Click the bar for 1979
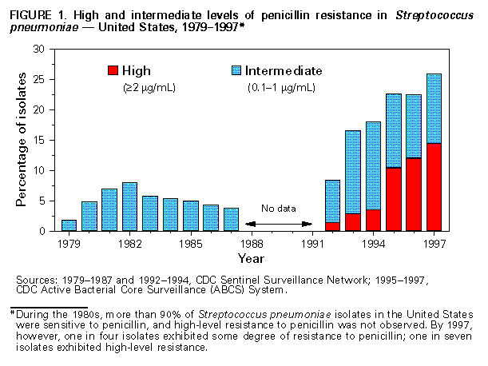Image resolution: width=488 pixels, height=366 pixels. pos(69,225)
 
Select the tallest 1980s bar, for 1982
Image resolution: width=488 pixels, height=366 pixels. pos(130,207)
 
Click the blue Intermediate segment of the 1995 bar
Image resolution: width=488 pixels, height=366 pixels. pos(394,131)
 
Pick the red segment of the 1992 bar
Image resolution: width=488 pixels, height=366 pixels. pos(333,227)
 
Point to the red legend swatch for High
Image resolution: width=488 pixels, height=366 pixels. pos(113,70)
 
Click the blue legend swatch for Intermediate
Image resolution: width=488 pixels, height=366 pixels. pos(236,70)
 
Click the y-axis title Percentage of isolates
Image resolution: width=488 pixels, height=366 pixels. pos(22,140)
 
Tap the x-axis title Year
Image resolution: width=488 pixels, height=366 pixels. pos(251,258)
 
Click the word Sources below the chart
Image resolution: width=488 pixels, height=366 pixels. pos(36,280)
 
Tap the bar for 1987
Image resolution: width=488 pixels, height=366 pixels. pos(232,220)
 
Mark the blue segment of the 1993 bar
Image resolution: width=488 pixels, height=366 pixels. pos(353,172)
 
